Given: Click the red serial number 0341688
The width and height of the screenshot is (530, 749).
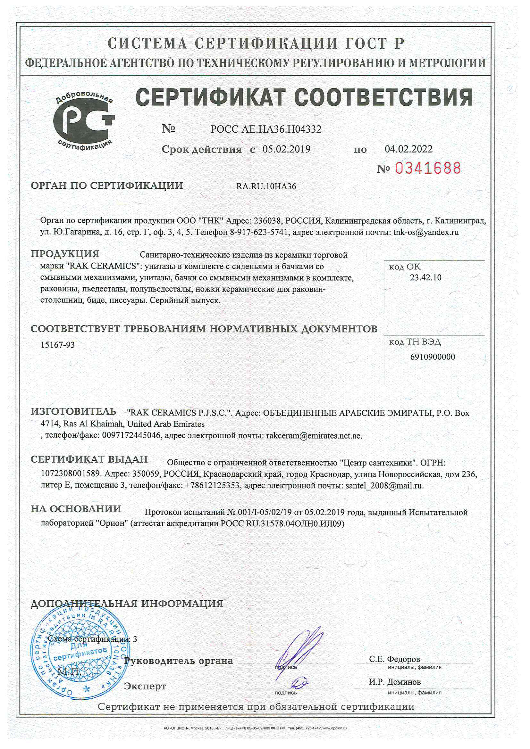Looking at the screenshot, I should (x=427, y=168).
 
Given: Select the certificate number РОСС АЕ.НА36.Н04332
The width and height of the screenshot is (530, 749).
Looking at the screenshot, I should (x=266, y=129).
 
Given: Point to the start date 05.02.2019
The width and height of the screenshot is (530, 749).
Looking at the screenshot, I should (x=286, y=149).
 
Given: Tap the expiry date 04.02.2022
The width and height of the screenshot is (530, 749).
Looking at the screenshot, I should (x=408, y=149).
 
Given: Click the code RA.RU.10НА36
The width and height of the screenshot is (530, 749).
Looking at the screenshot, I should (x=266, y=186).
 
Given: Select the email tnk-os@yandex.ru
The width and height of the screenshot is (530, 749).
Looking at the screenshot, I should (x=426, y=232).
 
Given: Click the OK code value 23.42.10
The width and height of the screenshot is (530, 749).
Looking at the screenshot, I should (x=425, y=278).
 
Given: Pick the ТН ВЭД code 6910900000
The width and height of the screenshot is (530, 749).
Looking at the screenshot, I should (x=432, y=357).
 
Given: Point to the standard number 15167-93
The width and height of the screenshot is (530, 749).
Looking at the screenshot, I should (x=57, y=345).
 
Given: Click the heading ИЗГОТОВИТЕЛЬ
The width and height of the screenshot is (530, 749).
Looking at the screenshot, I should (x=73, y=412).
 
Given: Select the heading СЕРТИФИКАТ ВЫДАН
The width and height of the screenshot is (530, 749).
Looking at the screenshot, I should (x=89, y=459).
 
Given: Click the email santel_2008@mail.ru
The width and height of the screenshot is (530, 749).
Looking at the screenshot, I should (x=384, y=485).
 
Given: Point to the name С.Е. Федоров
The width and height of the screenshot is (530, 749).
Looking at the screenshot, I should (x=394, y=659).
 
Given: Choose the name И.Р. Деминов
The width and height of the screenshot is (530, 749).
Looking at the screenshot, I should (x=395, y=682).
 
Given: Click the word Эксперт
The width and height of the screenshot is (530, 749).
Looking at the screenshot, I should (x=145, y=686).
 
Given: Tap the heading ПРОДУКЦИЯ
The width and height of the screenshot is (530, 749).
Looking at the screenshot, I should (x=65, y=254).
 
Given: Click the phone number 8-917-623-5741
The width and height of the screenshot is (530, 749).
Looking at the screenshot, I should (x=259, y=232).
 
